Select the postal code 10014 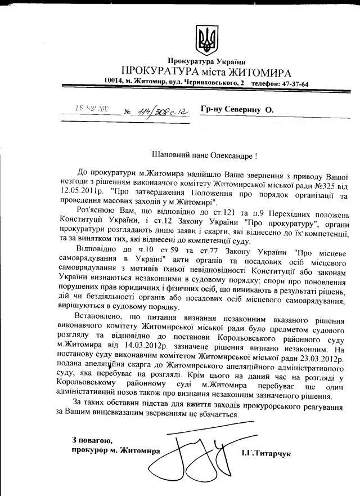click(115, 83)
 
